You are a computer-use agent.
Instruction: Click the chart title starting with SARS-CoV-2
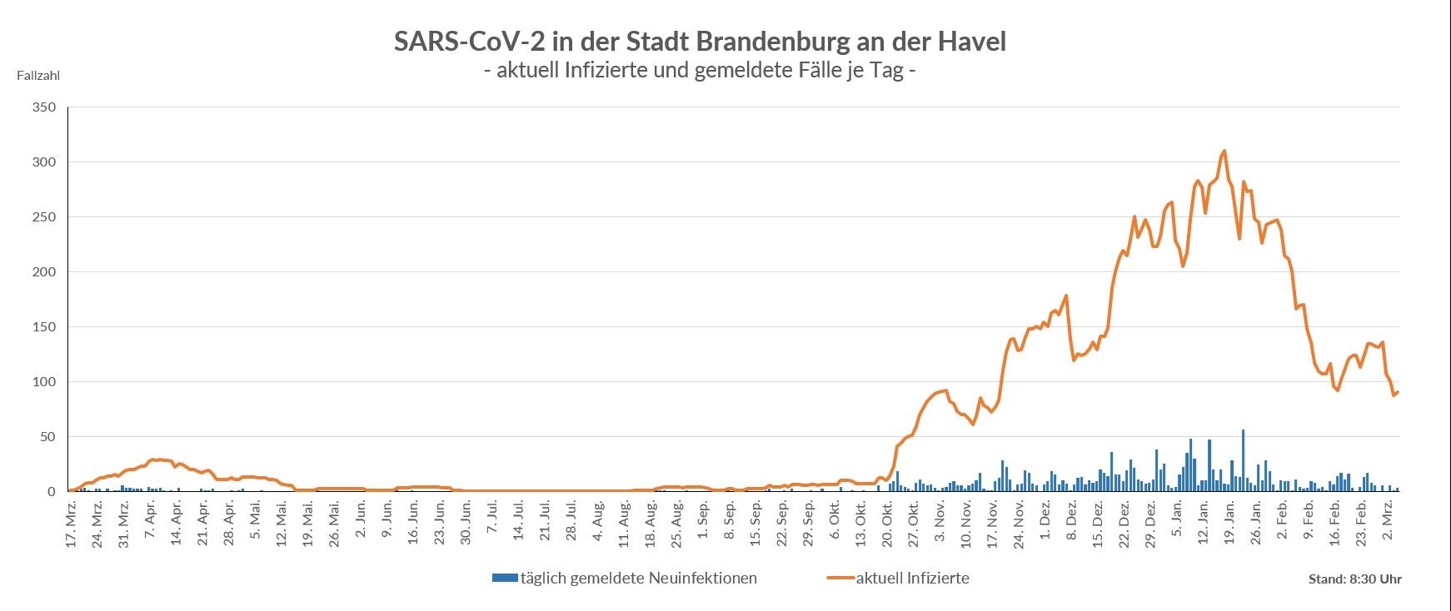coord(700,42)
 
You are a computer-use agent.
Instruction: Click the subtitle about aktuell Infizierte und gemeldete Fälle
coord(700,71)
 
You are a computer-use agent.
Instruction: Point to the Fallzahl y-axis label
coord(38,76)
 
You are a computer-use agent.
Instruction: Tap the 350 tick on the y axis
coord(43,107)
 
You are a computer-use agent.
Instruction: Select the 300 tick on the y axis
coord(43,162)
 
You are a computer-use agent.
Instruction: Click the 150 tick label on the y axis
coord(43,327)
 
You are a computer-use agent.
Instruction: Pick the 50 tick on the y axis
coord(47,437)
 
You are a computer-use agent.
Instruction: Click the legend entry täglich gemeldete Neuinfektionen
coord(638,578)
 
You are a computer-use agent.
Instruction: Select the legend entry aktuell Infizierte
coord(912,578)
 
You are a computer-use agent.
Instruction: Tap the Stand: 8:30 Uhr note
coord(1354,579)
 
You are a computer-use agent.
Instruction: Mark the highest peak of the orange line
coord(1224,152)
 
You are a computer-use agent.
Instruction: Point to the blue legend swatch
coord(505,578)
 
